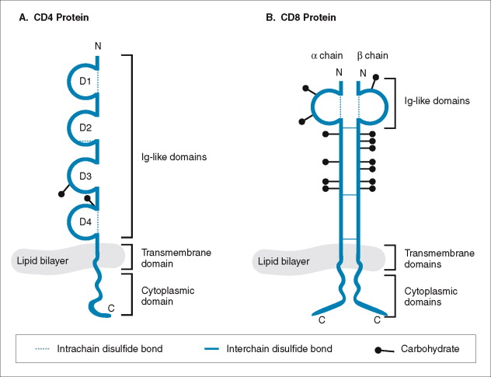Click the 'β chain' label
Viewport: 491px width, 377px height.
tap(371, 56)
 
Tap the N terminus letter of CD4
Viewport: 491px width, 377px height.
tap(98, 47)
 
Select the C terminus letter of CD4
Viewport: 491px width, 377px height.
tap(111, 309)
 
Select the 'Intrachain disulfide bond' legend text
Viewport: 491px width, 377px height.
tap(110, 349)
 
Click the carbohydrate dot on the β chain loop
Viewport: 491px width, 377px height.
tap(377, 77)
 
